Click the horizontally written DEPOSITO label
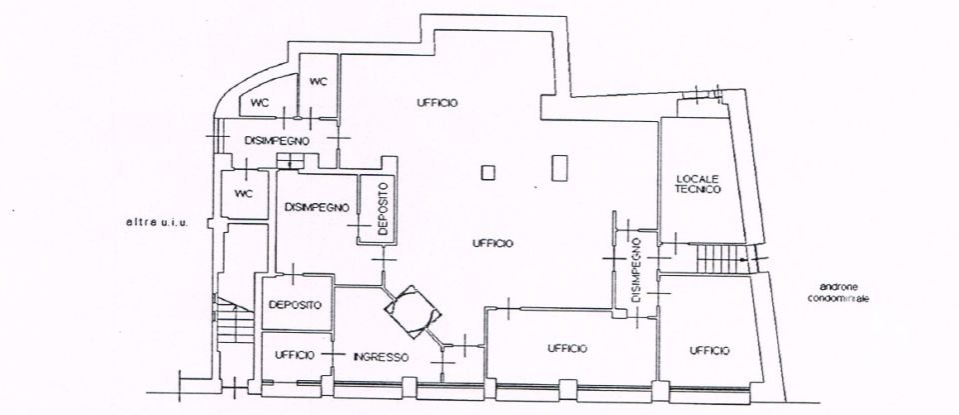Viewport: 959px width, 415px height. click(293, 306)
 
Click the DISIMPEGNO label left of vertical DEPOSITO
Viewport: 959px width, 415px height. click(316, 208)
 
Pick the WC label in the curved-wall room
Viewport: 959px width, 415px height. click(260, 102)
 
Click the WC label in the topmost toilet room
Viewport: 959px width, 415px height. click(319, 81)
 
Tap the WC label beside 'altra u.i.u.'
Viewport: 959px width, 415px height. click(243, 193)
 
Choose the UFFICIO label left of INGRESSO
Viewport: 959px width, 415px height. click(296, 356)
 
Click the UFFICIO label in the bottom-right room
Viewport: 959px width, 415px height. click(708, 350)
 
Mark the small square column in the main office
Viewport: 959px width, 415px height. click(487, 172)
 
